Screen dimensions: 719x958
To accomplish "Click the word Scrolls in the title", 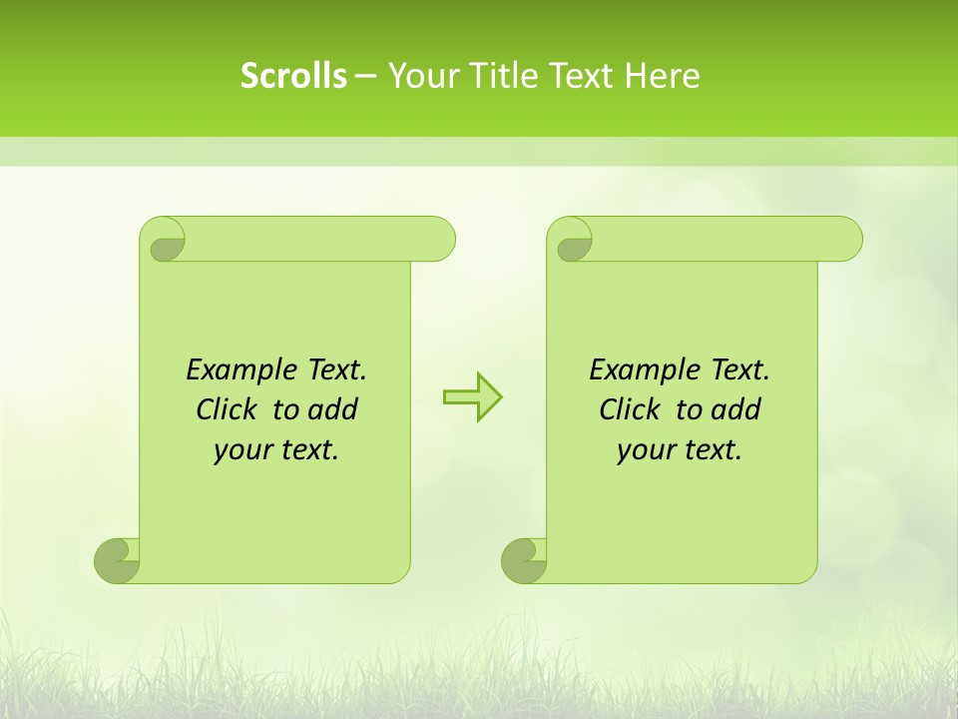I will point(293,76).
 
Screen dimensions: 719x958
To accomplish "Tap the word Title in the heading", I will point(496,76).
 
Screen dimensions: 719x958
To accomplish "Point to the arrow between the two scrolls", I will point(472,396).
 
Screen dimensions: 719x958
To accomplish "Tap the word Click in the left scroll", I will point(232,409).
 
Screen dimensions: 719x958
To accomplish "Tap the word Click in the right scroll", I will point(635,409).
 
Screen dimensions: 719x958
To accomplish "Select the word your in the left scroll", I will point(242,450).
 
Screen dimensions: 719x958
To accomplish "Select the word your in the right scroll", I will point(646,450).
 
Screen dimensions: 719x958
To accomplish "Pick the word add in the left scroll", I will point(334,409).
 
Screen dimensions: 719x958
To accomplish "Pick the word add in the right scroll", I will point(737,409).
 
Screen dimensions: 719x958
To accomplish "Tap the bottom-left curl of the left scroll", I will point(117,560).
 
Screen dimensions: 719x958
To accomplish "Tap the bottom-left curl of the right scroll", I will point(524,560).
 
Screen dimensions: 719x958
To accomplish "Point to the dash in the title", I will point(365,76).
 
